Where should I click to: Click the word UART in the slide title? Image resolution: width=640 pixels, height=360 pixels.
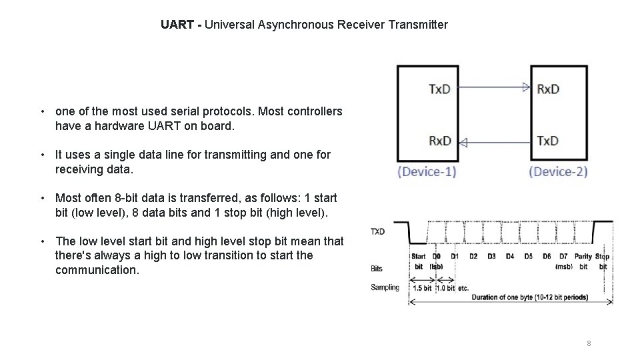click(x=177, y=25)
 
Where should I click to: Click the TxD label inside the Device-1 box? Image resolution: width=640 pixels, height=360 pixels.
click(x=439, y=89)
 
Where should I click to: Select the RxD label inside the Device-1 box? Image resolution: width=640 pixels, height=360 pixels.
click(x=439, y=141)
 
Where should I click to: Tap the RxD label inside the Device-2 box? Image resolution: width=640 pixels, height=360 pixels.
click(x=548, y=89)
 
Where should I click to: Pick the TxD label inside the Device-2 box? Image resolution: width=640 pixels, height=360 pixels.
click(x=548, y=141)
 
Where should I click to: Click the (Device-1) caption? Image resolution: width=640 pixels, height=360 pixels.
click(x=427, y=171)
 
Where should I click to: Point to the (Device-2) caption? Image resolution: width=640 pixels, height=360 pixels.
click(x=559, y=171)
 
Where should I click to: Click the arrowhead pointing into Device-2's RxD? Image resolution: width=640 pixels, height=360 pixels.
click(x=526, y=87)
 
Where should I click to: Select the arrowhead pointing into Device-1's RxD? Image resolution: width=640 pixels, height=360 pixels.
click(x=463, y=142)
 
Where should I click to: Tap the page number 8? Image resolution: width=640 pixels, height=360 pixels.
click(x=589, y=343)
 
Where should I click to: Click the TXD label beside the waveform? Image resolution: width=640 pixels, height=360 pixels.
click(x=377, y=232)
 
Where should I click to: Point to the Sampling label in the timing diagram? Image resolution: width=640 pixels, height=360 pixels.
click(x=385, y=287)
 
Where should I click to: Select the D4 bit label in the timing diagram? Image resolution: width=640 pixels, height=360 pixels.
click(x=510, y=256)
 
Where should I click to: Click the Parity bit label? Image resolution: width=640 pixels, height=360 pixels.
click(x=583, y=257)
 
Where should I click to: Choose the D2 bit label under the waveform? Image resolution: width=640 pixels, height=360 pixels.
click(x=473, y=256)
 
